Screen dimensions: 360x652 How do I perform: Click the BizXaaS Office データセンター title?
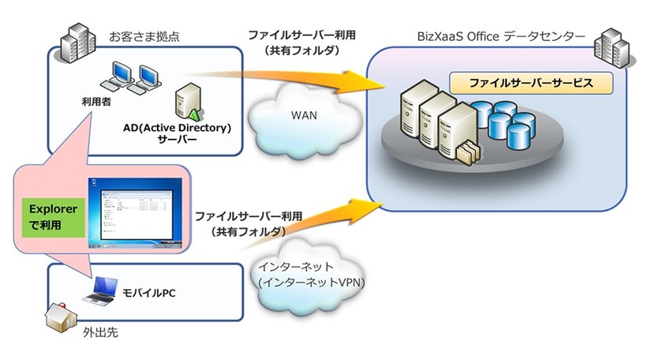[502, 37]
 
